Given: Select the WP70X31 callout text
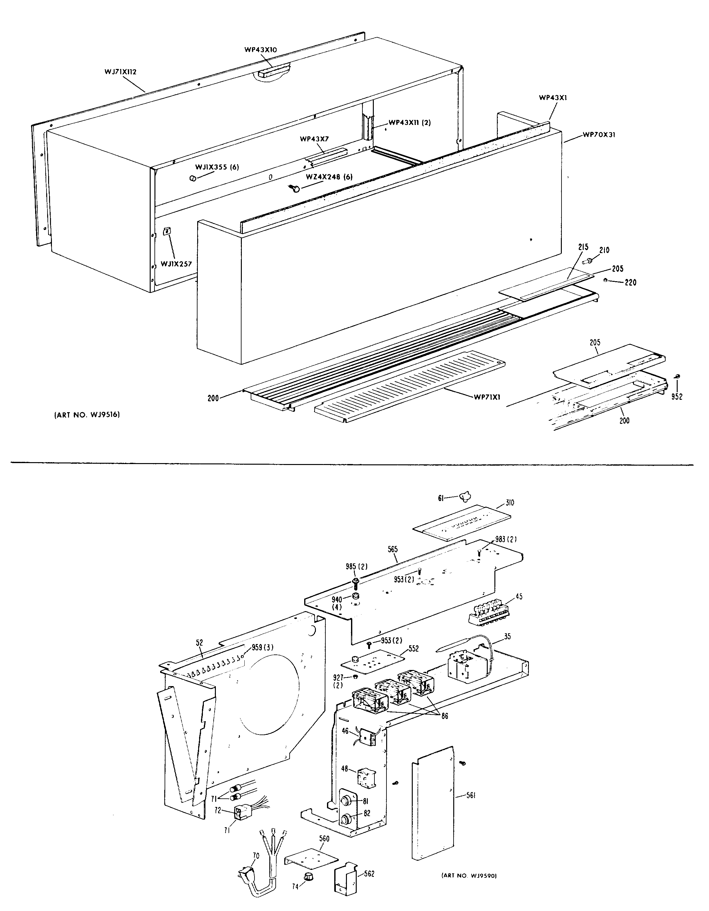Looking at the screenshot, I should [x=600, y=135].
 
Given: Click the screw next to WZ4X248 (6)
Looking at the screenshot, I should [x=295, y=189].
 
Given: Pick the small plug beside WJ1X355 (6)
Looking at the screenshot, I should [x=193, y=178].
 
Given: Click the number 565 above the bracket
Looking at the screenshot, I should [x=393, y=550].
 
